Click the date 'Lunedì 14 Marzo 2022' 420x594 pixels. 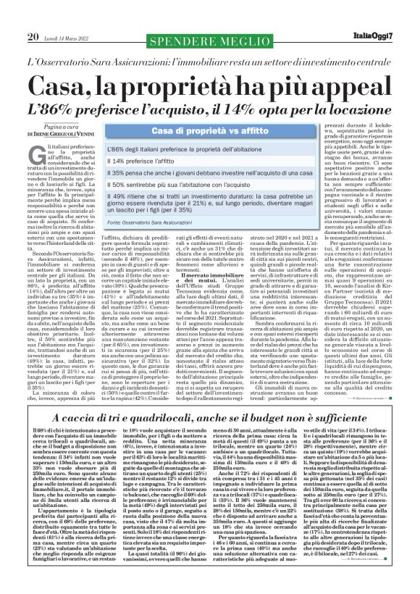[70, 16]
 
